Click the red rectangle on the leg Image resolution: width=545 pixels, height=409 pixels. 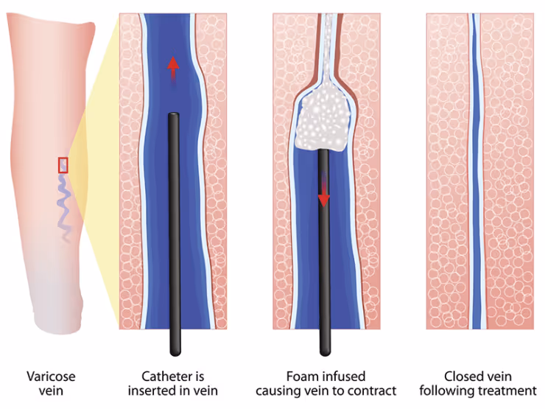tap(63, 165)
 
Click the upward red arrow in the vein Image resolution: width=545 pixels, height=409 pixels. tap(172, 68)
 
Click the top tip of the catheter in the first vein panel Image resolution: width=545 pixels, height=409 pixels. tap(174, 116)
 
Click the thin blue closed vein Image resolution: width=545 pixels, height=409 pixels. tap(477, 184)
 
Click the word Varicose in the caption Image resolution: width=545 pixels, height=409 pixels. tap(51, 377)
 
